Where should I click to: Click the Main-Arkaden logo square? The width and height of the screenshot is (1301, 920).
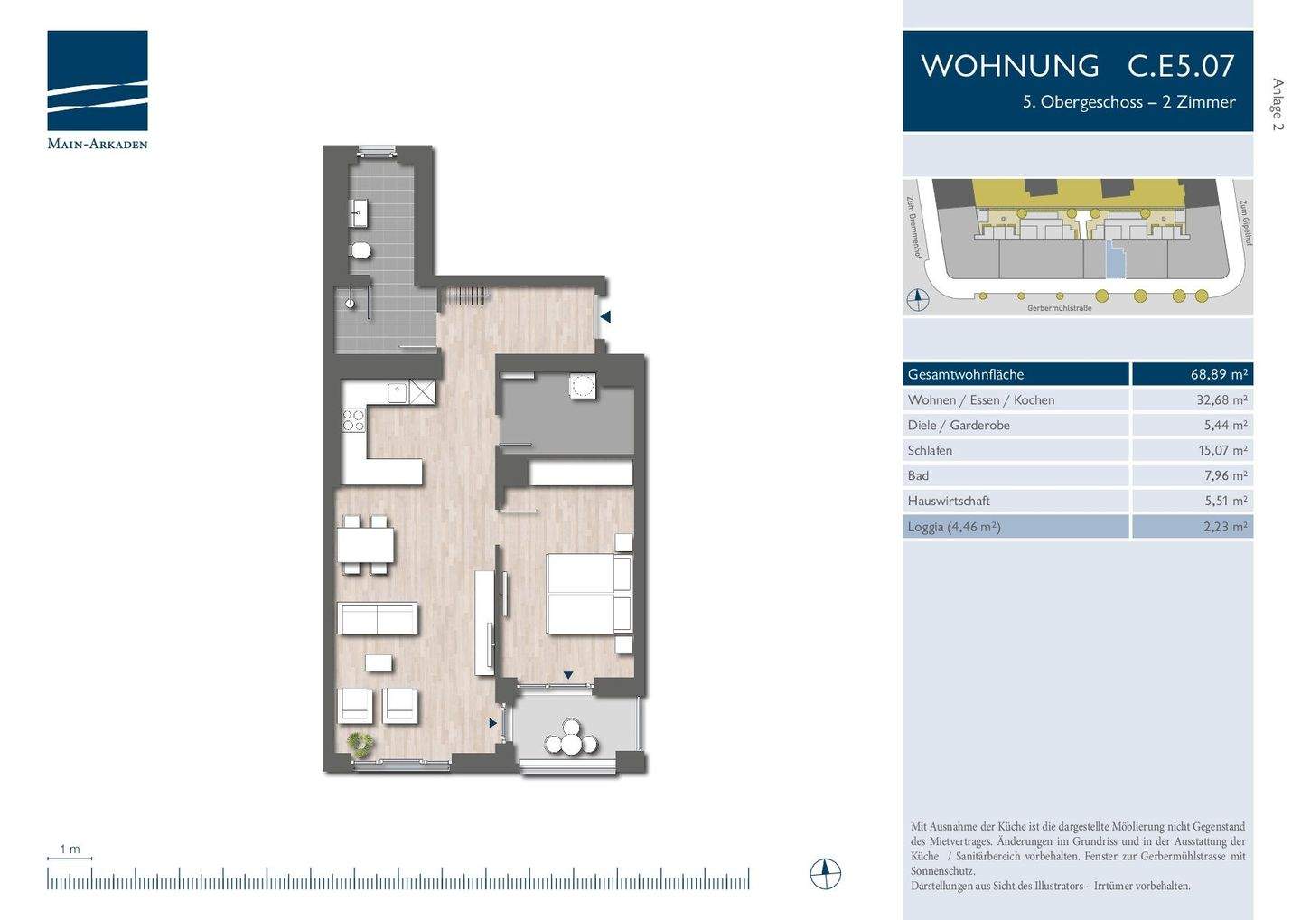tap(98, 80)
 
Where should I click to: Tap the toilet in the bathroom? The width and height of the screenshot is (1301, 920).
tap(360, 250)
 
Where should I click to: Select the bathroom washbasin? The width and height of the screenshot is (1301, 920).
tap(359, 214)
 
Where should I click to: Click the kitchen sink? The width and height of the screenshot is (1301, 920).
tap(397, 392)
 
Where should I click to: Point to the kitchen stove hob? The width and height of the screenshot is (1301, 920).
tap(352, 420)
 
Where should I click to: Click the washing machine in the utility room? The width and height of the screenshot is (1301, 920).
tap(583, 386)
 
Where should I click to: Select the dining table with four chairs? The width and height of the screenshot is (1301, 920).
tap(365, 545)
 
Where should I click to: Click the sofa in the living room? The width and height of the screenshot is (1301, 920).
tap(377, 619)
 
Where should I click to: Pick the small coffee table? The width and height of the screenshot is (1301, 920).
tap(379, 662)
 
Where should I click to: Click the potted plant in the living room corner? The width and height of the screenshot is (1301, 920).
tap(361, 743)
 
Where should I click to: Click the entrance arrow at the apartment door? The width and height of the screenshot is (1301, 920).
tap(605, 317)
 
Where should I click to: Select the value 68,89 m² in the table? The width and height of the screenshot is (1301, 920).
tap(1218, 374)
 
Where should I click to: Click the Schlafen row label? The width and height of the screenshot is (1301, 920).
tap(930, 450)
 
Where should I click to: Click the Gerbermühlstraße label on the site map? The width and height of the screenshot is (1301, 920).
tap(1059, 308)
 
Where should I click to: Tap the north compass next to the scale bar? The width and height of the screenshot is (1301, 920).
tap(825, 874)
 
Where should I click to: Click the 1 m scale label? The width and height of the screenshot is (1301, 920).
tap(70, 849)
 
